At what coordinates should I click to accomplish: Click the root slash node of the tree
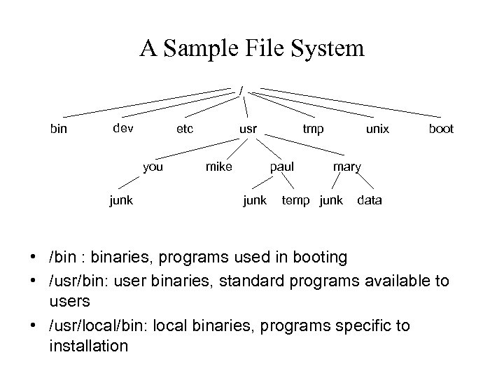pyautogui.click(x=241, y=90)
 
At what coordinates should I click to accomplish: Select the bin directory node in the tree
pyautogui.click(x=59, y=129)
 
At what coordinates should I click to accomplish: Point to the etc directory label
pyautogui.click(x=185, y=128)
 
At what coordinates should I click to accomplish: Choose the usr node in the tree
pyautogui.click(x=248, y=129)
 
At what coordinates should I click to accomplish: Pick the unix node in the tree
pyautogui.click(x=377, y=129)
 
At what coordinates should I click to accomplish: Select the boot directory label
pyautogui.click(x=441, y=129)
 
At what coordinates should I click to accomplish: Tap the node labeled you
pyautogui.click(x=153, y=167)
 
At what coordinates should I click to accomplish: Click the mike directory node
pyautogui.click(x=218, y=167)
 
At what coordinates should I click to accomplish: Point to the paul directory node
pyautogui.click(x=282, y=167)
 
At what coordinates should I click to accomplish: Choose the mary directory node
pyautogui.click(x=346, y=167)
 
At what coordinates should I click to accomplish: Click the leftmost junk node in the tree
pyautogui.click(x=121, y=200)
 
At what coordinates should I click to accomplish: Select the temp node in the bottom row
pyautogui.click(x=297, y=201)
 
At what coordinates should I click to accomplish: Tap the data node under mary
pyautogui.click(x=370, y=200)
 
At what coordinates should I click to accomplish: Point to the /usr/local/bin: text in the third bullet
pyautogui.click(x=93, y=326)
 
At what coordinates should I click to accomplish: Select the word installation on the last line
pyautogui.click(x=88, y=345)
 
